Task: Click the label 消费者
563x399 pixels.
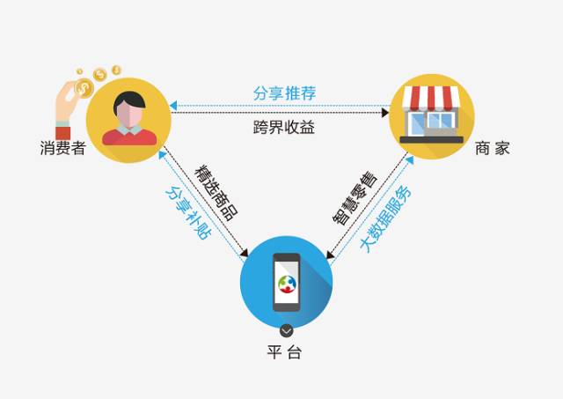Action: (63, 148)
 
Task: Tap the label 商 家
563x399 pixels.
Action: (493, 148)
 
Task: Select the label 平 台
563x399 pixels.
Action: (284, 352)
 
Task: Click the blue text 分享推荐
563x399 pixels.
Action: (284, 93)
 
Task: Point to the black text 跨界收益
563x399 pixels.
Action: (284, 127)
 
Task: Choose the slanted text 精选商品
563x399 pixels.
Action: (216, 192)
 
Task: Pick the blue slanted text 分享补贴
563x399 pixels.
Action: (188, 212)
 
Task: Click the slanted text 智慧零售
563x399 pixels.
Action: (355, 198)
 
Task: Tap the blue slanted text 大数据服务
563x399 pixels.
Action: (385, 219)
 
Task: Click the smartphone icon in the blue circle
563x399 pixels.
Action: (287, 282)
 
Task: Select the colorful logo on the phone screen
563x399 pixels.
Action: (287, 284)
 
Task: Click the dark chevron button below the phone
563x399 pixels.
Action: (286, 330)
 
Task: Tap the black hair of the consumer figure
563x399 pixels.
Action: (129, 100)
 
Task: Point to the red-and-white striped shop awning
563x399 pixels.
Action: (431, 96)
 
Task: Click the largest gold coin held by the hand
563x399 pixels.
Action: (84, 88)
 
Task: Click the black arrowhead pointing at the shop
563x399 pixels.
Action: (385, 113)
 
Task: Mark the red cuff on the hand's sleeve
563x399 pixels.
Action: (63, 133)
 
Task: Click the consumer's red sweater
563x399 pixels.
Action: (129, 137)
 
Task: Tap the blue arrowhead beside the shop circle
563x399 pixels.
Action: (410, 160)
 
